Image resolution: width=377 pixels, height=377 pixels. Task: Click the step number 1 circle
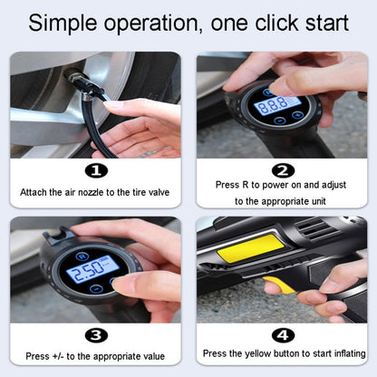point(96,171)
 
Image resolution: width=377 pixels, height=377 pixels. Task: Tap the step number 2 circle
point(283,170)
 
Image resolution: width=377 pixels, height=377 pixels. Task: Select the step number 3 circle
point(96,335)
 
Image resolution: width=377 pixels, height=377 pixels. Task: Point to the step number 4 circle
point(283,335)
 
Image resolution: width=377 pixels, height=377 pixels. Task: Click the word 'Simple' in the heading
point(63,24)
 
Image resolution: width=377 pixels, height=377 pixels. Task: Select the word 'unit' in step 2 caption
point(318,201)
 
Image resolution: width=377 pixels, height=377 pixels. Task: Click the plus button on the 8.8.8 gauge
point(297,115)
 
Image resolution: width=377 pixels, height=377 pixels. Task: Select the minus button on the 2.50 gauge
point(96,288)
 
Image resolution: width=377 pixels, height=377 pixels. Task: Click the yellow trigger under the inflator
point(279,285)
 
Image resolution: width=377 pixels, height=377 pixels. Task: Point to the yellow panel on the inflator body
point(252,248)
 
